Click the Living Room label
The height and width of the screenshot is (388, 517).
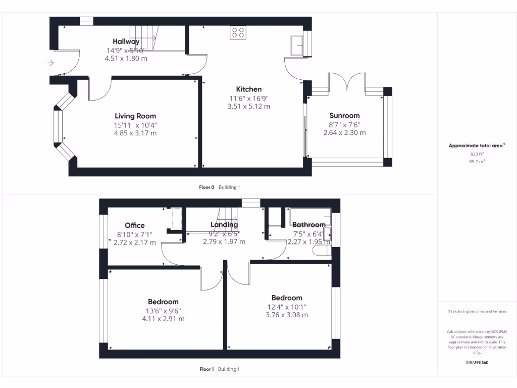[x=135, y=116]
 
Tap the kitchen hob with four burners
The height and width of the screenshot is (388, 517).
[x=238, y=33]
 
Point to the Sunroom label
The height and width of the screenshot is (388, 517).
[x=344, y=115]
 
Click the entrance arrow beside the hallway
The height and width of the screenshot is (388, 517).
[x=50, y=63]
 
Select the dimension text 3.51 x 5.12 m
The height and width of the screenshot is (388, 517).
[x=249, y=107]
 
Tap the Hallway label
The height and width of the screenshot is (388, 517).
[x=126, y=41]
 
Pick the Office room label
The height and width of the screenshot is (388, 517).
[x=135, y=225]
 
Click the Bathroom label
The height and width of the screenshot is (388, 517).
[x=309, y=225]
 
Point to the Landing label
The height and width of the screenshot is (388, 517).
[x=224, y=225]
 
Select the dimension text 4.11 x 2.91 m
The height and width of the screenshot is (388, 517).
[x=164, y=319]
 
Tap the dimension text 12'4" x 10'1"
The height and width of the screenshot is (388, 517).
[x=287, y=307]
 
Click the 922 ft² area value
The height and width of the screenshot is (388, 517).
[x=477, y=154]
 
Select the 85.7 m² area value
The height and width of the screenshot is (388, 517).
[x=477, y=162]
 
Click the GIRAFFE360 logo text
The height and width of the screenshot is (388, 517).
[x=477, y=362]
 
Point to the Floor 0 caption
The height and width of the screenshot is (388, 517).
[x=206, y=187]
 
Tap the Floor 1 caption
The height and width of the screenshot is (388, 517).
[x=206, y=369]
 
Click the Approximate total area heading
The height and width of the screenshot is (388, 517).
[x=477, y=145]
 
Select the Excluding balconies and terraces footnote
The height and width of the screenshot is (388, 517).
[x=477, y=311]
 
